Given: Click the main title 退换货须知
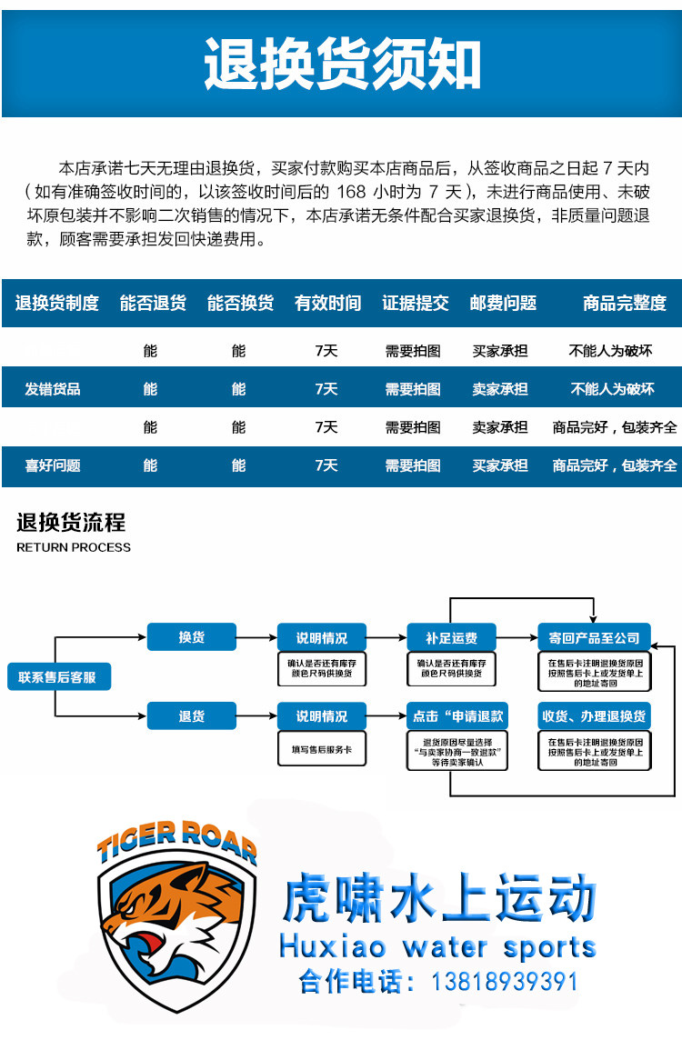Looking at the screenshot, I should tap(342, 64).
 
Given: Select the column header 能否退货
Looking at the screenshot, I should tap(153, 304).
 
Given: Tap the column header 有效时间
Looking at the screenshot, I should tap(327, 304).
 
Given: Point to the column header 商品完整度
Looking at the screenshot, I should tap(625, 304).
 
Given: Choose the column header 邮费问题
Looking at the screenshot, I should tap(503, 304).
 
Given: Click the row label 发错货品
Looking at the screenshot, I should tap(53, 389).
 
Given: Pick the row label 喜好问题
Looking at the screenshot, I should tap(53, 465).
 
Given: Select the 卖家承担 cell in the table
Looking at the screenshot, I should tap(499, 389).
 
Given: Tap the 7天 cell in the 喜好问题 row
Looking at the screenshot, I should tap(326, 465).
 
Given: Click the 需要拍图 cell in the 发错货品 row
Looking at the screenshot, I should tap(413, 389).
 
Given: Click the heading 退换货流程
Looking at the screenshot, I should tap(71, 523).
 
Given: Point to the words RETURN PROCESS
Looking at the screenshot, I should tap(74, 547).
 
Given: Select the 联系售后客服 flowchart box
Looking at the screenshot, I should tap(58, 677).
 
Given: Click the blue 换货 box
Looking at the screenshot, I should tap(192, 637).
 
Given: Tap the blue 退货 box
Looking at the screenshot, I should tap(192, 716).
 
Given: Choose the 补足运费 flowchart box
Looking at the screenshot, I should tap(451, 638).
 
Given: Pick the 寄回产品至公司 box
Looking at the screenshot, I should tap(595, 638).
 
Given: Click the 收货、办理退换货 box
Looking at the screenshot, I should tap(595, 716).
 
